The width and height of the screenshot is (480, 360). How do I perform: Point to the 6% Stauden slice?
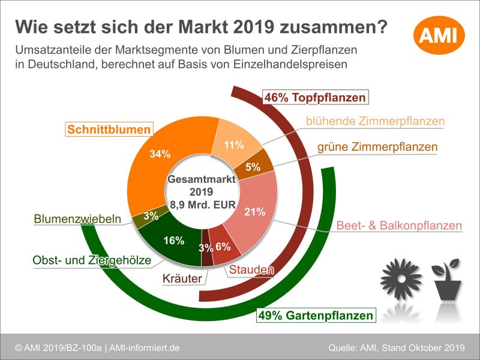pos(223,247)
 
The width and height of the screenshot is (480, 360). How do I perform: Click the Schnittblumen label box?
pos(109,129)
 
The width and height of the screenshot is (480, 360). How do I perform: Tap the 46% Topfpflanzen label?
pos(314,97)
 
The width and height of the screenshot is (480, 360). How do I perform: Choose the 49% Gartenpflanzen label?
pos(316,315)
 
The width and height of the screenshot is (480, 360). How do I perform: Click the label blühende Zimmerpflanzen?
pos(375,121)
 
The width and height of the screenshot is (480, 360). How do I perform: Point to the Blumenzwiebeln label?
pos(78,220)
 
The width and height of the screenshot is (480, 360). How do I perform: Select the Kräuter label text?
pos(182,278)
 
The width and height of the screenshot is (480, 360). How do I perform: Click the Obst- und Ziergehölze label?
pos(91,260)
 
